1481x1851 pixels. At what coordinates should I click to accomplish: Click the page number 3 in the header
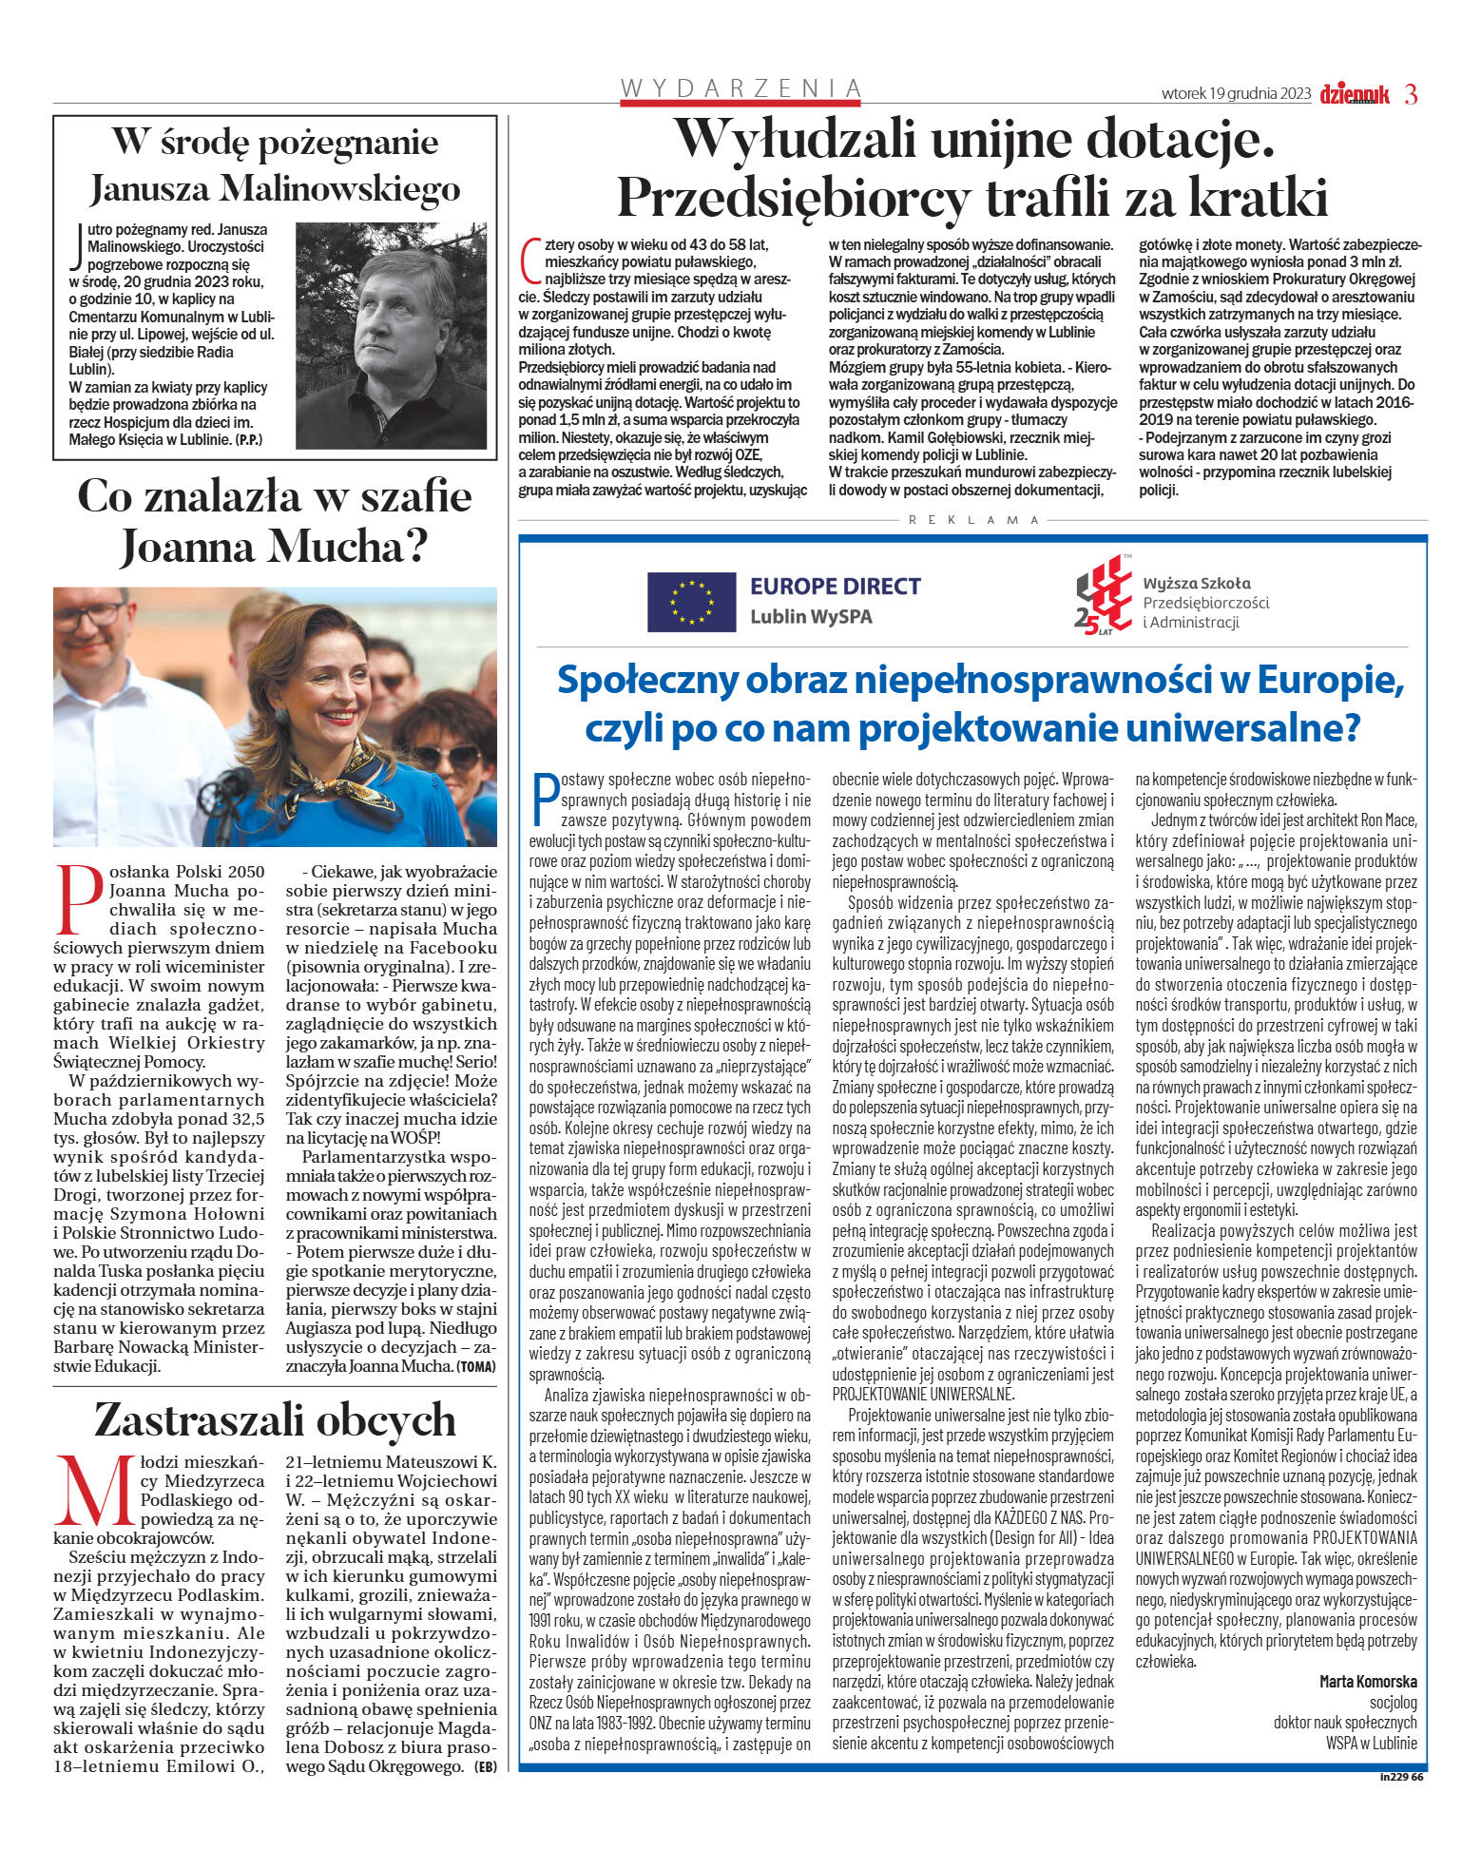point(1411,94)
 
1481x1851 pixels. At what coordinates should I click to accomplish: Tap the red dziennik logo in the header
point(1354,94)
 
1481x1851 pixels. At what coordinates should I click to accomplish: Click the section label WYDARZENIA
point(740,88)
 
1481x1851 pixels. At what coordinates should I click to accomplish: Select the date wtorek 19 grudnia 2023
point(1236,94)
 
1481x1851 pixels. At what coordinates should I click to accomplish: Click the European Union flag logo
point(691,602)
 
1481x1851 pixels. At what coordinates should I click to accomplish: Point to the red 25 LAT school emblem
point(1103,601)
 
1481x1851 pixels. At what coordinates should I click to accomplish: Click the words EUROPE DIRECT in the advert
point(836,587)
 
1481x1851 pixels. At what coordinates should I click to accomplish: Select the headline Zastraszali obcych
point(275,1419)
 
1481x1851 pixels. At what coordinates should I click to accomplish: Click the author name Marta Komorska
point(1368,1681)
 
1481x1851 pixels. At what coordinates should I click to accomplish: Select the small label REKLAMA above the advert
point(974,520)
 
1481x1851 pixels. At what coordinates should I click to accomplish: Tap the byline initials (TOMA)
point(476,1366)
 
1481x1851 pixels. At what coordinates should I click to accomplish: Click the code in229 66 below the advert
point(1402,1775)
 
